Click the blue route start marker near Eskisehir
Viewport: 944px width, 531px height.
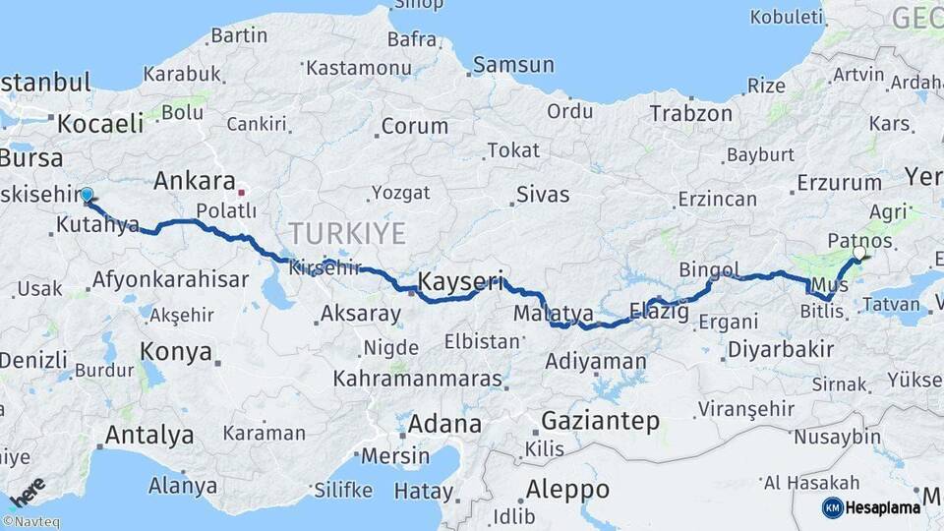tap(87, 195)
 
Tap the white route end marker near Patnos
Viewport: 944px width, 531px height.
tap(860, 254)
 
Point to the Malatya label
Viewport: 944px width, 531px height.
tap(554, 313)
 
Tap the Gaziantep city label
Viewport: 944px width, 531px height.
tap(600, 421)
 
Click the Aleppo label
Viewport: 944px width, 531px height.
tap(567, 489)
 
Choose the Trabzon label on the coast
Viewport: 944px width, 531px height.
tap(691, 113)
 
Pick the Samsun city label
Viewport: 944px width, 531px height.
tap(508, 65)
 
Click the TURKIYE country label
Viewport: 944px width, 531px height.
tap(346, 234)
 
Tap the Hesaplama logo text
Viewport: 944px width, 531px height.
tap(883, 507)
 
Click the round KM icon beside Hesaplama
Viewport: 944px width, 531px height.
tap(832, 507)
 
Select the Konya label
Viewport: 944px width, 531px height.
tap(175, 351)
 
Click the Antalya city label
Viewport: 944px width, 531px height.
tap(148, 434)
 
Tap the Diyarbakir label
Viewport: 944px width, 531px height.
tap(781, 348)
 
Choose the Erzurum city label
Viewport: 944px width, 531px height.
tap(839, 182)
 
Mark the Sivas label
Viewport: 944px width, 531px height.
tap(543, 194)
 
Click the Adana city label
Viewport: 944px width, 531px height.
tap(446, 425)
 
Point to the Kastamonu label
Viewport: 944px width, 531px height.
tap(358, 68)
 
